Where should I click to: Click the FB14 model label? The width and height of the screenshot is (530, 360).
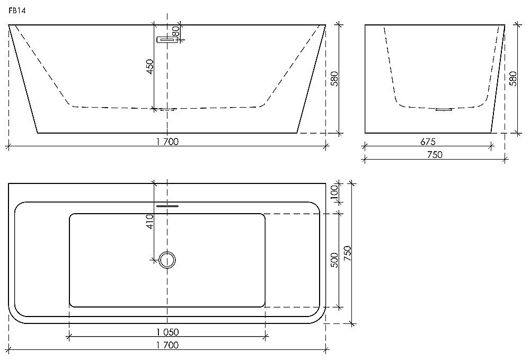click(x=17, y=11)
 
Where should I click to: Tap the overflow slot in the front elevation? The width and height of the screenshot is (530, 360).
click(x=167, y=40)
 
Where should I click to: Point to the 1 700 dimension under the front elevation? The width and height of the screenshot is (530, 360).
click(x=167, y=142)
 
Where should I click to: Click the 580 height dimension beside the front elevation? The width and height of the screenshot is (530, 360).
click(x=334, y=78)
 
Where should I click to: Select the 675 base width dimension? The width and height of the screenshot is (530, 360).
click(x=428, y=142)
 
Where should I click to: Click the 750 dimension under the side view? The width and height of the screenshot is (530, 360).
click(x=435, y=154)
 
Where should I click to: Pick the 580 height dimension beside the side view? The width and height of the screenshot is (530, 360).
click(x=513, y=78)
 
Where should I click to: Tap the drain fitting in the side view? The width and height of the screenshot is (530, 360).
click(x=444, y=109)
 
